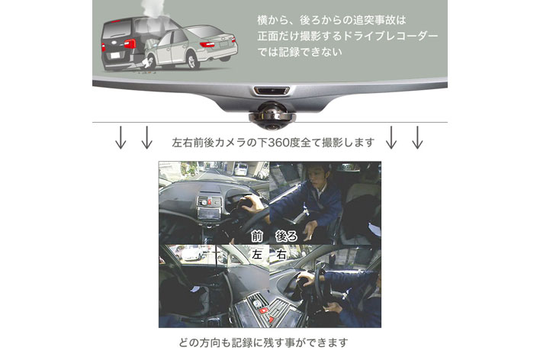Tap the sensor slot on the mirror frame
pyautogui.click(x=271, y=91)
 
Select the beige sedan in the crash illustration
pyautogui.click(x=191, y=47)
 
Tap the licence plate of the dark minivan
pyautogui.click(x=115, y=55)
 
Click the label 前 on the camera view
pyautogui.click(x=256, y=236)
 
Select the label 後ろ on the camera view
pyautogui.click(x=286, y=236)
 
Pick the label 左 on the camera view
pyautogui.click(x=256, y=255)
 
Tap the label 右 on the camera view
pyautogui.click(x=281, y=255)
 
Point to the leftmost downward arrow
pyautogui.click(x=121, y=137)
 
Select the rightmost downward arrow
pyautogui.click(x=417, y=137)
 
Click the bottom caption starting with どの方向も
pyautogui.click(x=263, y=342)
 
